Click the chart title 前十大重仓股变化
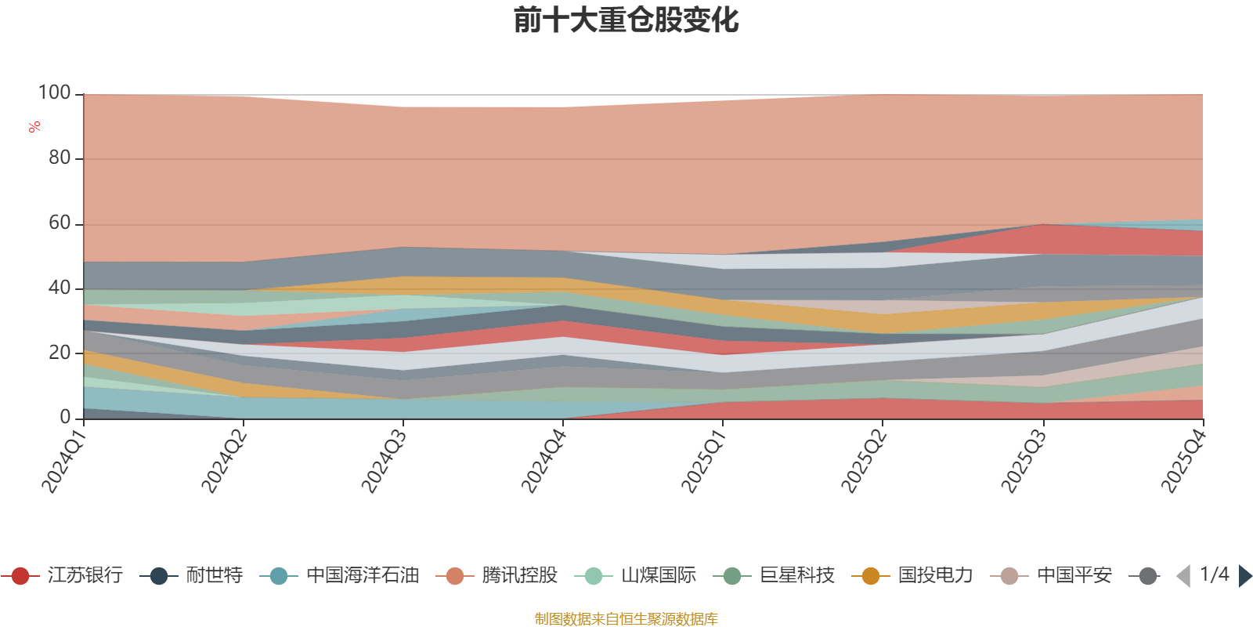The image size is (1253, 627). pyautogui.click(x=626, y=20)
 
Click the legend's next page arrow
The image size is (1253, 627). pyautogui.click(x=1244, y=577)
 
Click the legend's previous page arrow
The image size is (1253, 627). pyautogui.click(x=1183, y=577)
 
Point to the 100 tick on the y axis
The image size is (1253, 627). pyautogui.click(x=55, y=93)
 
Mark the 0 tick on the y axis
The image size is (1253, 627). pyautogui.click(x=66, y=418)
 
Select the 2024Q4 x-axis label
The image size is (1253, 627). pyautogui.click(x=542, y=462)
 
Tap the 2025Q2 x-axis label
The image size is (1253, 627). pyautogui.click(x=862, y=462)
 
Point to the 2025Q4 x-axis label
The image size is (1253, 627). pyautogui.click(x=1182, y=462)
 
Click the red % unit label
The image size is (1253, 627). pyautogui.click(x=34, y=127)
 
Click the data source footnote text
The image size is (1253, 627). pyautogui.click(x=626, y=619)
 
